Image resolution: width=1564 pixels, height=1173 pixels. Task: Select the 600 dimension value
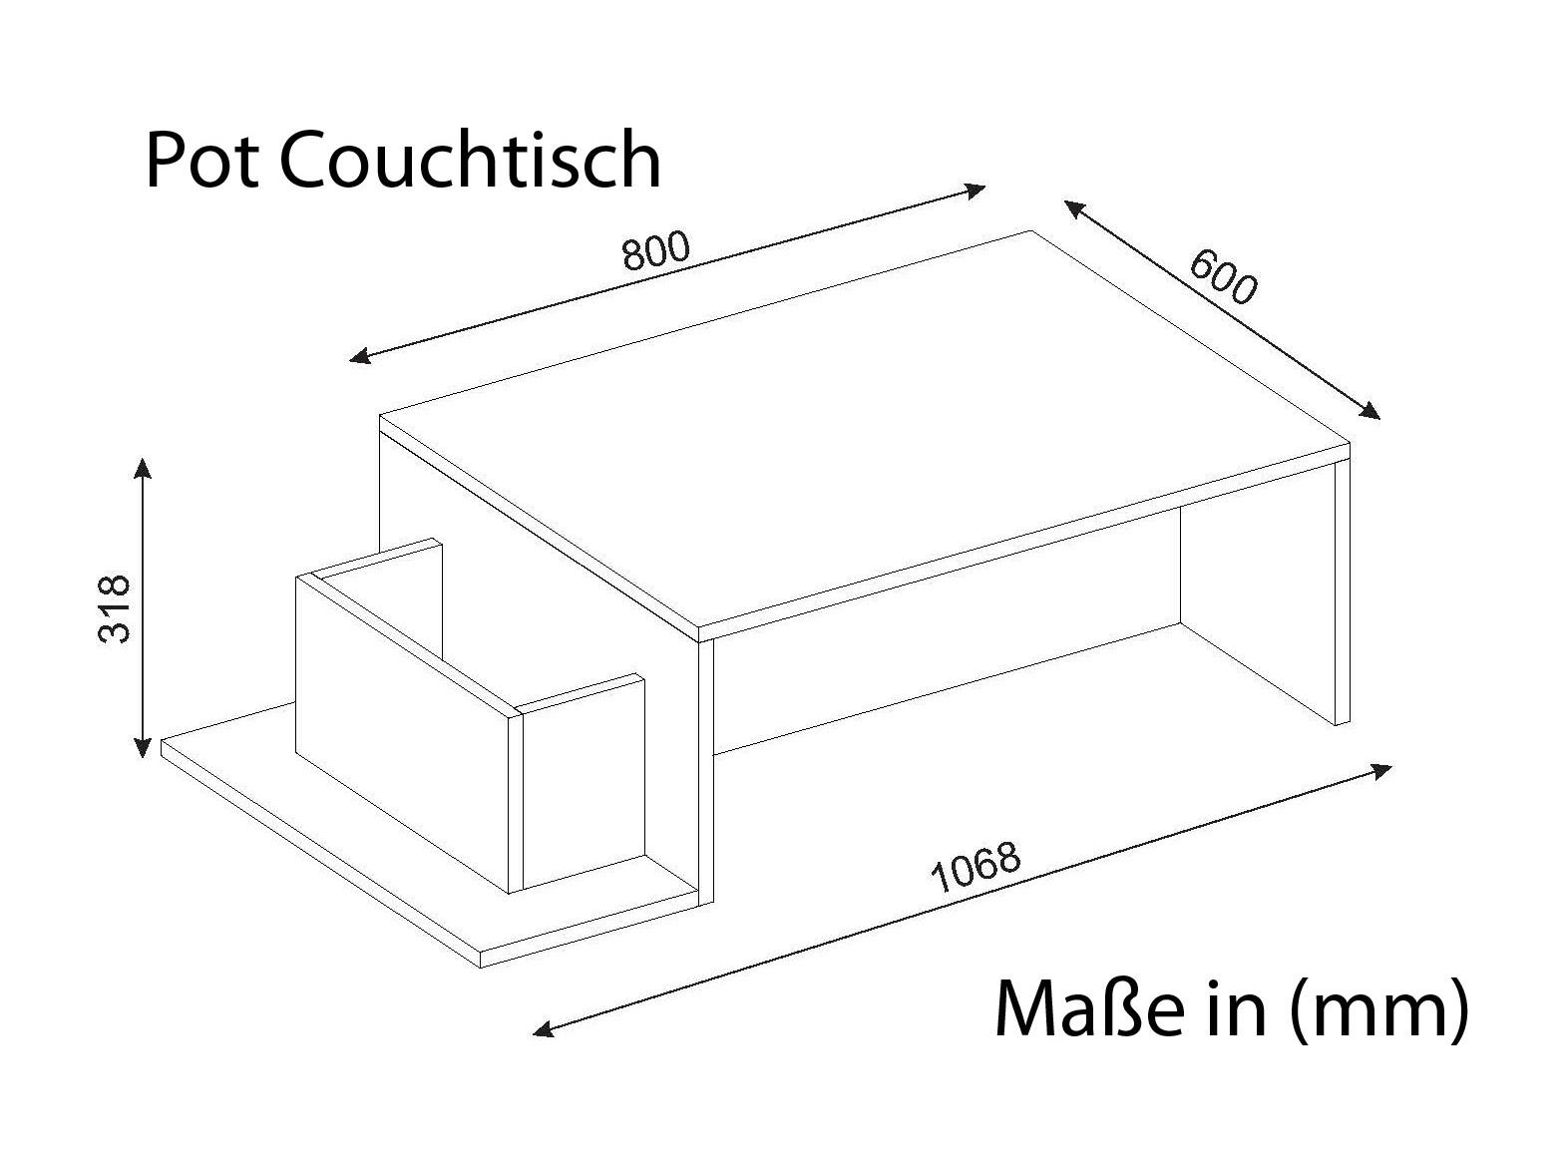pyautogui.click(x=1223, y=277)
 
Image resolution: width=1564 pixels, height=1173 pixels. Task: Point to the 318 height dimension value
pyautogui.click(x=114, y=608)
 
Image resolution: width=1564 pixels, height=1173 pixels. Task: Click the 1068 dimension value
pyautogui.click(x=977, y=867)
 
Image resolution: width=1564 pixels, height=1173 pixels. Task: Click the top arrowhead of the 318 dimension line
pyautogui.click(x=144, y=467)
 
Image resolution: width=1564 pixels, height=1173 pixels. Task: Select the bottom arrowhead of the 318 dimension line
pyautogui.click(x=144, y=748)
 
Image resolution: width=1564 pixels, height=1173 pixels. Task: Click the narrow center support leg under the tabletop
pyautogui.click(x=706, y=773)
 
